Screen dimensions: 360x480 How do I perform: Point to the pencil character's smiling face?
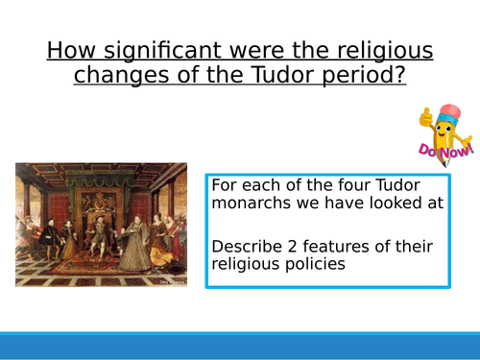(444, 129)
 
